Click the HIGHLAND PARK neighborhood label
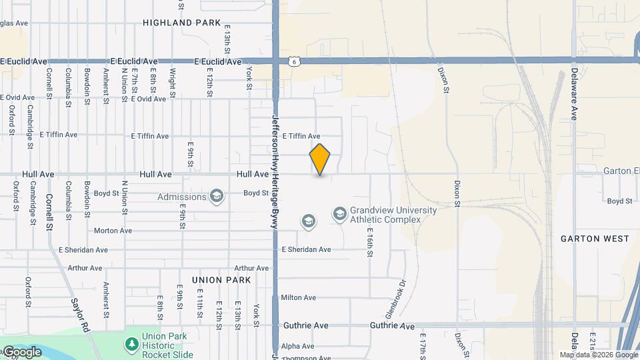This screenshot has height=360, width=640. [181, 23]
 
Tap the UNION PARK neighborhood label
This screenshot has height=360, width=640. [221, 280]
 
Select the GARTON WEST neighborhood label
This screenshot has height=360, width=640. [595, 238]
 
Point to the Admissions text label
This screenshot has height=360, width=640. [182, 197]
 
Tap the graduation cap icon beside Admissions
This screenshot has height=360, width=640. [216, 196]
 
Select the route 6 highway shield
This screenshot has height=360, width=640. [294, 61]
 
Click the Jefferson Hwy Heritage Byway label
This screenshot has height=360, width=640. [274, 171]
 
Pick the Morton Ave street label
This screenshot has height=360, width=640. [113, 231]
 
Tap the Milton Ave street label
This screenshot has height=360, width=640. [299, 297]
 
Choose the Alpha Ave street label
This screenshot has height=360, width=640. [297, 346]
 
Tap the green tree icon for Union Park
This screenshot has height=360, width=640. [132, 345]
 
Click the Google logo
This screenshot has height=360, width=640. [22, 351]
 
